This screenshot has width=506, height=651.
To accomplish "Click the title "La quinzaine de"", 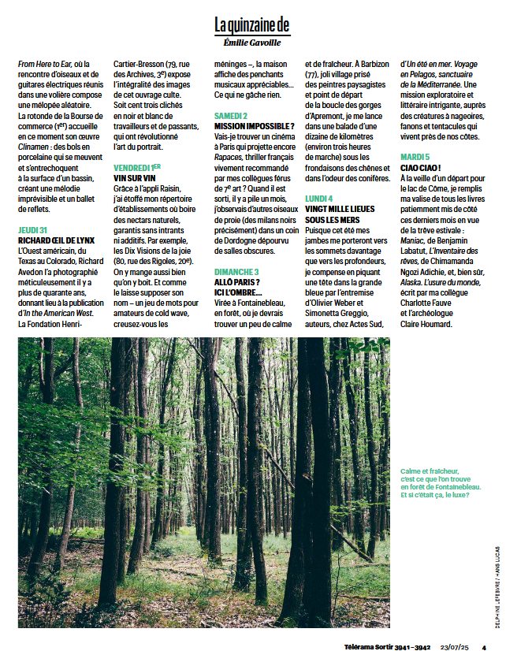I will pyautogui.click(x=252, y=24).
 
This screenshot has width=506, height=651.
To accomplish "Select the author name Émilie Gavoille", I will pyautogui.click(x=252, y=43).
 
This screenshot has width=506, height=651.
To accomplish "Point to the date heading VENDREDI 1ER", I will pyautogui.click(x=137, y=168).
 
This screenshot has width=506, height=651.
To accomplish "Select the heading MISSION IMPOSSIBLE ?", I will pyautogui.click(x=254, y=126).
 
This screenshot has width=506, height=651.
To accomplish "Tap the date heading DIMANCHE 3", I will pyautogui.click(x=236, y=271).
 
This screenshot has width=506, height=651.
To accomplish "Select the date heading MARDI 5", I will pyautogui.click(x=415, y=158).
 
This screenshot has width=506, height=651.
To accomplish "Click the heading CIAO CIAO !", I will pyautogui.click(x=421, y=168).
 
